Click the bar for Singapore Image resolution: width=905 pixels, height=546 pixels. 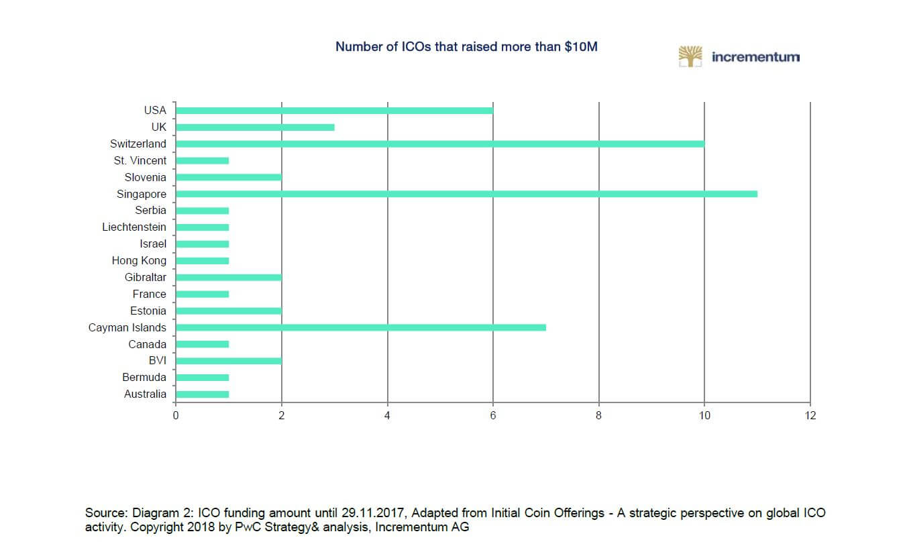point(466,194)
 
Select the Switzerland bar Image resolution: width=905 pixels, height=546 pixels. point(440,144)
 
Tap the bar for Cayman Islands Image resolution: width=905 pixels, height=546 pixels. point(361,327)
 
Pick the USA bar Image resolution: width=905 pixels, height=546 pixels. point(334,111)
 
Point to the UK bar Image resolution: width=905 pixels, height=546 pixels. point(255,127)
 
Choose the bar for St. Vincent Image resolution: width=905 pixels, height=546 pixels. point(202,161)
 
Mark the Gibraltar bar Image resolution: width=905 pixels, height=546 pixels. point(229,277)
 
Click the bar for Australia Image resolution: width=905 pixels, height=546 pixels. point(202,394)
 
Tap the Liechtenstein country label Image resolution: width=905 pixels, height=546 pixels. point(134,227)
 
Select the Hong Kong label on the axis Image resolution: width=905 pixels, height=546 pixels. point(139,261)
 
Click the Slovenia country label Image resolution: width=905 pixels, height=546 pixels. point(145,178)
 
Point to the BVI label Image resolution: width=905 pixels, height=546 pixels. point(157,361)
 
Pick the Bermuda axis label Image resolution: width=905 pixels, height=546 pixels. point(144,378)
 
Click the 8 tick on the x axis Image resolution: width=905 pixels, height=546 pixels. point(598,416)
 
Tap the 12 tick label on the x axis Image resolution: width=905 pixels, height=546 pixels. point(810,416)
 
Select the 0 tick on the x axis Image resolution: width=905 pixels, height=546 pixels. point(176,416)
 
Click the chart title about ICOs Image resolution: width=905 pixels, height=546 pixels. point(466,47)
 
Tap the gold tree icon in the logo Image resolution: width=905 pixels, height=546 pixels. point(690,57)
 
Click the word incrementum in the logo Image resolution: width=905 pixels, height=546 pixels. point(755,57)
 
